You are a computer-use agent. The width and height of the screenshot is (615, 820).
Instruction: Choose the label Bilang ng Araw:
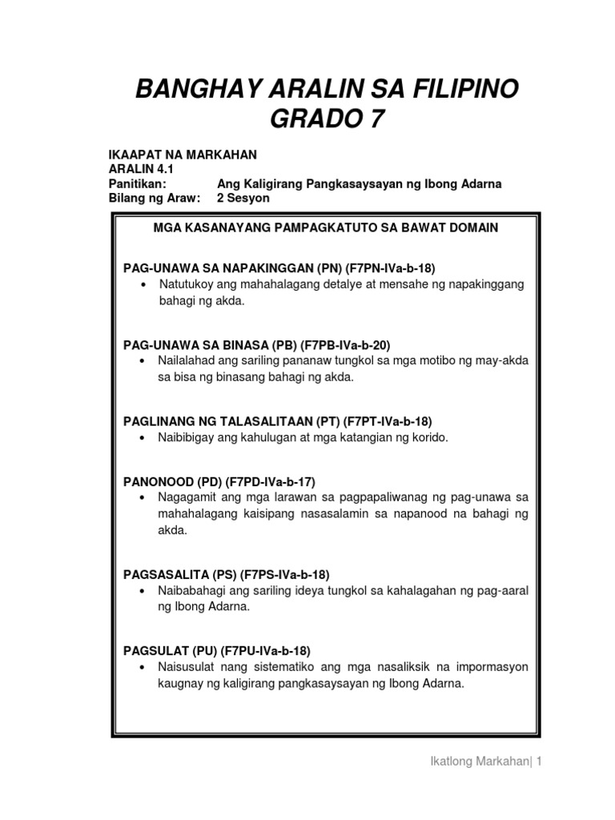coord(154,197)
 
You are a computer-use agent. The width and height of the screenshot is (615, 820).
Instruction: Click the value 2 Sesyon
coord(238,197)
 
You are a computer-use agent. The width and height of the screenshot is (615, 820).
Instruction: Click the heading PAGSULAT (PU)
coord(170,651)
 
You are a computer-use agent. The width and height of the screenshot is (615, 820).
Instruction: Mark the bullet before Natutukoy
coord(143,285)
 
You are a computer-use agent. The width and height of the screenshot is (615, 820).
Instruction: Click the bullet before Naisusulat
coord(143,667)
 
